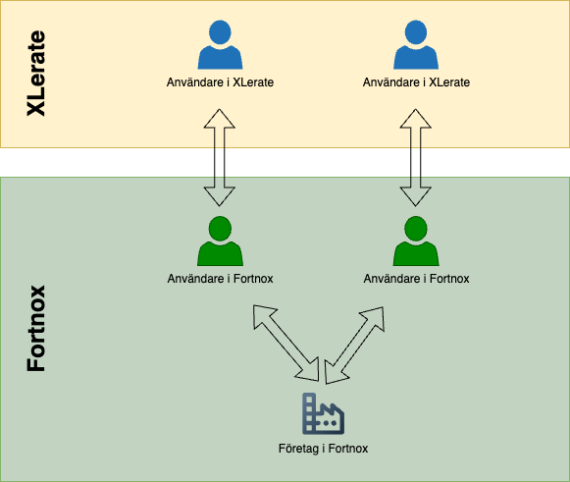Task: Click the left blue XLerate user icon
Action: [220, 45]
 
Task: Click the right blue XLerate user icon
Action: [416, 45]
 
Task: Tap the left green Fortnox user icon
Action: [220, 241]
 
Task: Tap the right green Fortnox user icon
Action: [416, 241]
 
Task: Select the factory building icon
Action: [323, 413]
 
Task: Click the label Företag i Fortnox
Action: [323, 449]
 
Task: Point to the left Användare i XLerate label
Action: [220, 82]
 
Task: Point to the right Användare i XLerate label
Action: [416, 82]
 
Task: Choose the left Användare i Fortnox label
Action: [220, 279]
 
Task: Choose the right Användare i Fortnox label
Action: [416, 279]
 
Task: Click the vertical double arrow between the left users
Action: [219, 157]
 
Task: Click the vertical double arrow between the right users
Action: [416, 157]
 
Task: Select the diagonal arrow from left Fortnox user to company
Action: [286, 343]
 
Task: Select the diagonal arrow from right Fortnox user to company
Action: [354, 346]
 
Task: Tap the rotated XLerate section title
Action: [36, 74]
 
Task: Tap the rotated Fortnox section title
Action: [36, 329]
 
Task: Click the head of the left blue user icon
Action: [220, 32]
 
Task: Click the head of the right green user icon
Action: [416, 229]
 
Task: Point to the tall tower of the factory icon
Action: [308, 413]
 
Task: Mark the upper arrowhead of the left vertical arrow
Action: [219, 118]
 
